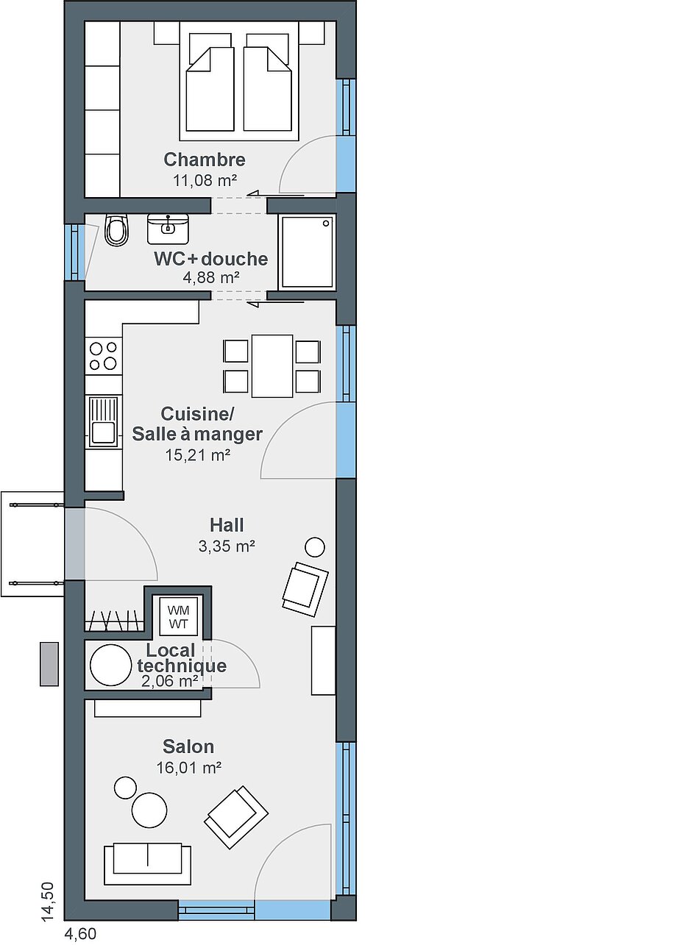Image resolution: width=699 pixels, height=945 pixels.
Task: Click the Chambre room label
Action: click(205, 160)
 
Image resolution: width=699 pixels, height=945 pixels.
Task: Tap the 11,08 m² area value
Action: click(205, 181)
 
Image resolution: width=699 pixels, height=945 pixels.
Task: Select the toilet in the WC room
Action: click(116, 230)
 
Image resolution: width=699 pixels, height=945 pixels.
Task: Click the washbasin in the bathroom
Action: click(168, 229)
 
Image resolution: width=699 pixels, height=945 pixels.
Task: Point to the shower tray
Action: click(307, 252)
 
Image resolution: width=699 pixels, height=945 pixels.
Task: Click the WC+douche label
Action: click(210, 259)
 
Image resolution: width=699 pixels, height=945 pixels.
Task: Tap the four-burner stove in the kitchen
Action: click(103, 356)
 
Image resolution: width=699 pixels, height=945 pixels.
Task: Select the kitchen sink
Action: click(103, 421)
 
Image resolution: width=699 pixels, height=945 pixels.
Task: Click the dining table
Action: click(272, 366)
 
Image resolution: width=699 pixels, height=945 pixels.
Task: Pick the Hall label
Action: click(227, 525)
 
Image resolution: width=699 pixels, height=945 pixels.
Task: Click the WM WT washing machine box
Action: click(178, 616)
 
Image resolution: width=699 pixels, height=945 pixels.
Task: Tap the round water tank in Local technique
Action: click(110, 665)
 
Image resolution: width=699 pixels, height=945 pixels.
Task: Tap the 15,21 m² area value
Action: click(198, 455)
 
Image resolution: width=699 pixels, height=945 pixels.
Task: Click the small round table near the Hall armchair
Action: click(315, 547)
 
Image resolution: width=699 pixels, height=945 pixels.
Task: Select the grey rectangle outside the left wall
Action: click(49, 664)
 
